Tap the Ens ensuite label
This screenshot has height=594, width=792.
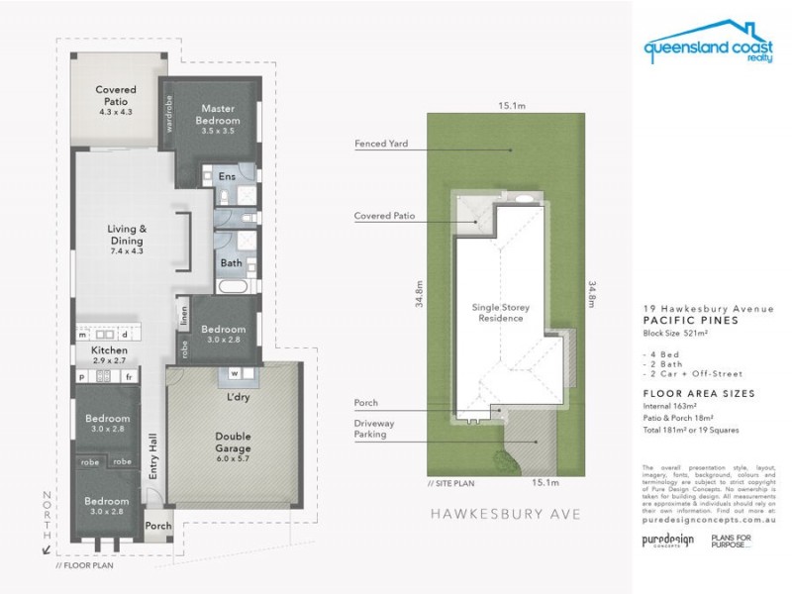(227, 177)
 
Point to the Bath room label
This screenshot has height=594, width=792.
(231, 263)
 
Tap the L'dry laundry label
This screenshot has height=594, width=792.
(236, 397)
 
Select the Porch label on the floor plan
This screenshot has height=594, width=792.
(157, 526)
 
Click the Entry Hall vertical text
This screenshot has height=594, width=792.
(153, 457)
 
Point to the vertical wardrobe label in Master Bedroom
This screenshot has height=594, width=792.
(169, 113)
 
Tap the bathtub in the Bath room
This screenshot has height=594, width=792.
(235, 286)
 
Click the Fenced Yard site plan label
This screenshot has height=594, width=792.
(381, 144)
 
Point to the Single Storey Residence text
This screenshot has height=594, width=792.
(497, 313)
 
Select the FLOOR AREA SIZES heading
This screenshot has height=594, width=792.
(698, 393)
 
